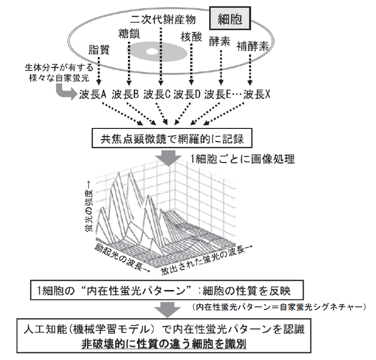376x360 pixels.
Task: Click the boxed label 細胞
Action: coord(230,20)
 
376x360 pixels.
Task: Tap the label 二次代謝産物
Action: coord(163,20)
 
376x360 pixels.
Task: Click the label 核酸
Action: coord(191,37)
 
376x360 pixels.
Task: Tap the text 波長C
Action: coord(157,94)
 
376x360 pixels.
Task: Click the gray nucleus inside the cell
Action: coord(151,51)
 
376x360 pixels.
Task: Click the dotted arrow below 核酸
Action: coord(191,63)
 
